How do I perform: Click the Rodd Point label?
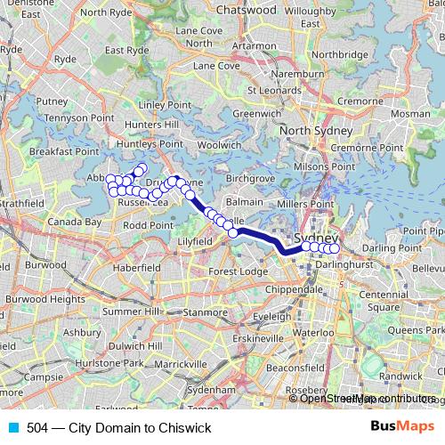coord(148,226)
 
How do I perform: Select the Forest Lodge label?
coord(238,271)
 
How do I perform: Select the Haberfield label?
coord(135,267)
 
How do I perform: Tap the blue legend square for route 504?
coord(13,428)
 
